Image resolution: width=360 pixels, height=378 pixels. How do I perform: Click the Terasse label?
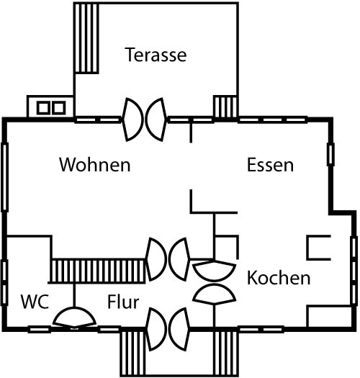click(156, 55)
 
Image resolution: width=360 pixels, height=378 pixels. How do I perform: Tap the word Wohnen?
click(95, 165)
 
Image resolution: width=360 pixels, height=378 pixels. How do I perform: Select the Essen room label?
click(270, 165)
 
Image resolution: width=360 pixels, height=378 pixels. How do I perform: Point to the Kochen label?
click(279, 278)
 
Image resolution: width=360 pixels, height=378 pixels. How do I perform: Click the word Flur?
click(123, 302)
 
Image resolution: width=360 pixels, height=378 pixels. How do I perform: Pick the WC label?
click(35, 302)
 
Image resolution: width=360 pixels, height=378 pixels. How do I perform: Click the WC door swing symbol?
click(74, 318)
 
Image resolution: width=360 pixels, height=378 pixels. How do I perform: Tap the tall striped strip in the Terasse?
click(86, 38)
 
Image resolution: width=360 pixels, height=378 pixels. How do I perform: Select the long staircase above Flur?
click(98, 271)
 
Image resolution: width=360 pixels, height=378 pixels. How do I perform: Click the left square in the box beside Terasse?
click(43, 107)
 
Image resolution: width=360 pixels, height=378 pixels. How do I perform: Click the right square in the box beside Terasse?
click(59, 107)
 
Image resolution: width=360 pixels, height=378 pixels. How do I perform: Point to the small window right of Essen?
click(330, 154)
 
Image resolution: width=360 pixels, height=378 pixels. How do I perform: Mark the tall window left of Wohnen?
click(5, 177)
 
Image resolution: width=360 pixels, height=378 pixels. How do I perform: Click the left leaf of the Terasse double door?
click(133, 120)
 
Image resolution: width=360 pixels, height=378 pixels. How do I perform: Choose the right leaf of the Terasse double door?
click(156, 120)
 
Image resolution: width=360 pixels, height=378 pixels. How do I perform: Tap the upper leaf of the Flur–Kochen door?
click(214, 271)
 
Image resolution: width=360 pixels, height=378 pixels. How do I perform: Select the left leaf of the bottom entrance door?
click(156, 329)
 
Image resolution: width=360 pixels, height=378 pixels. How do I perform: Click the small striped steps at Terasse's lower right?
click(225, 107)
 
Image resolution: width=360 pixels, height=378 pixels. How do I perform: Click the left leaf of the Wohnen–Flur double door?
click(156, 259)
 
